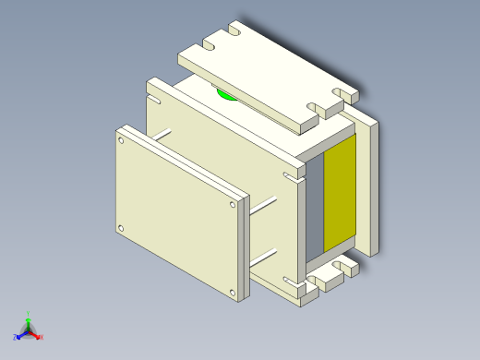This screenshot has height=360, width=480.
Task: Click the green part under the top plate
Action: [x=225, y=93]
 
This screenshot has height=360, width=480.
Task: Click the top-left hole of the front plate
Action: [x=120, y=141]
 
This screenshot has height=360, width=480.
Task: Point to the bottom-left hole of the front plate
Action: [x=120, y=227]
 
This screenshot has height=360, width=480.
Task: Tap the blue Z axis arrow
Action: [x=20, y=334]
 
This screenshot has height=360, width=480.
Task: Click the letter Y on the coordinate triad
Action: [x=29, y=314]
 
